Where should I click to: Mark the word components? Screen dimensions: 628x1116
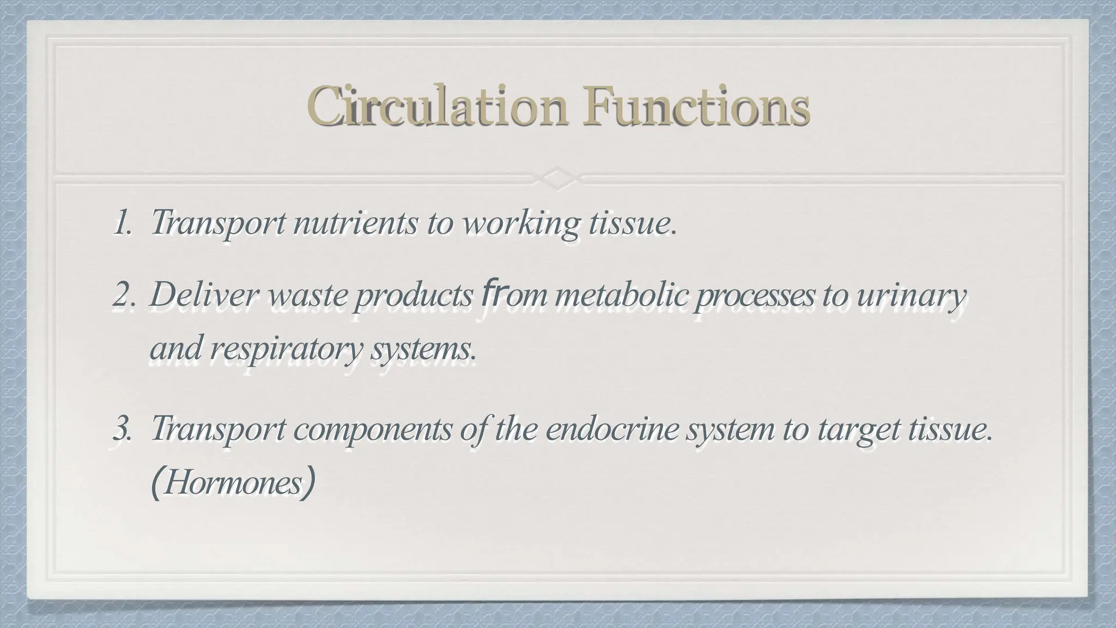click(x=373, y=430)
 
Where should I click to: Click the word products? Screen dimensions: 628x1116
click(x=414, y=296)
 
